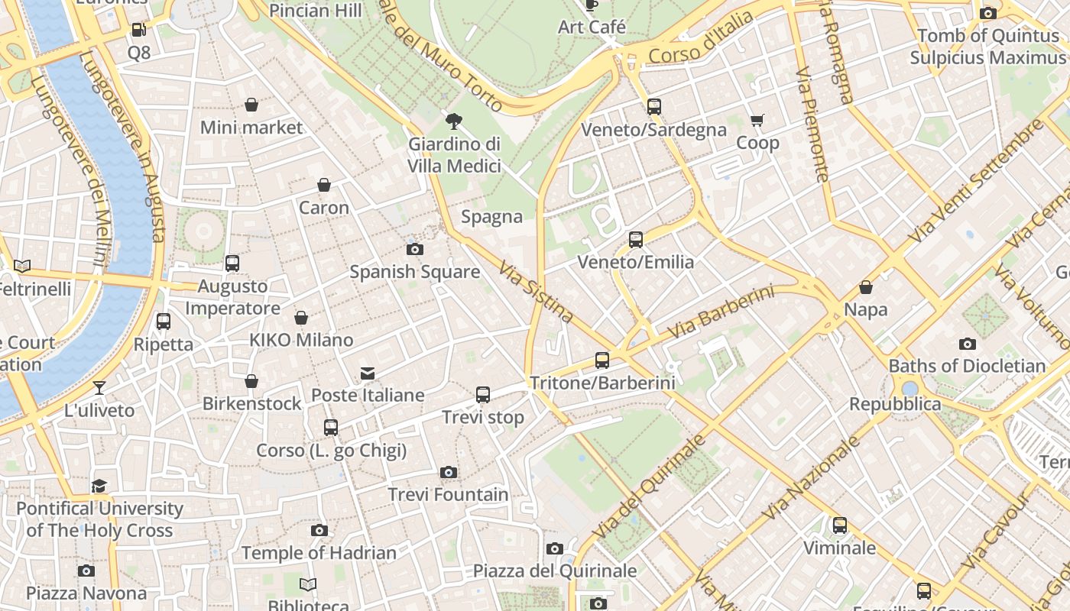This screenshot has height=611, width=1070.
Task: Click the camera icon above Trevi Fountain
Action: click(449, 473)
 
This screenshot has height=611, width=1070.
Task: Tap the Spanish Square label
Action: click(415, 272)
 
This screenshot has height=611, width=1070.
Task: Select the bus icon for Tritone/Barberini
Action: click(602, 360)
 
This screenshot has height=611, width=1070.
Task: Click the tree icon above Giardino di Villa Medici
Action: click(454, 121)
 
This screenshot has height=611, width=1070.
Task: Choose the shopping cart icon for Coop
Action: click(757, 120)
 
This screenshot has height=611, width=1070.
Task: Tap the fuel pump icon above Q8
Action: click(138, 30)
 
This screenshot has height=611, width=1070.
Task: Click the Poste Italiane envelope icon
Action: click(368, 373)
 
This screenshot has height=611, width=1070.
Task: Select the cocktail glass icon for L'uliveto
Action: click(99, 388)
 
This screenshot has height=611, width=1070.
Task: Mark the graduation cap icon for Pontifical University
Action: click(99, 487)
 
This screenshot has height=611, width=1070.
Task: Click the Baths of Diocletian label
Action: click(967, 366)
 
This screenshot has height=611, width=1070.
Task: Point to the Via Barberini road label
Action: click(721, 313)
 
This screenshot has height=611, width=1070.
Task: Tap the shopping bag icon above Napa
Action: click(866, 287)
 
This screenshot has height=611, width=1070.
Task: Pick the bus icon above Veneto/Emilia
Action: click(636, 240)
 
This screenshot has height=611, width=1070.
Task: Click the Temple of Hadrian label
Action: click(319, 553)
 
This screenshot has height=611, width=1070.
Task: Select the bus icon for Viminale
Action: click(840, 525)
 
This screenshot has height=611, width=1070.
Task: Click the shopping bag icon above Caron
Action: click(324, 185)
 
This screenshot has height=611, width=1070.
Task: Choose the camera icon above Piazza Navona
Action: click(86, 571)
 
